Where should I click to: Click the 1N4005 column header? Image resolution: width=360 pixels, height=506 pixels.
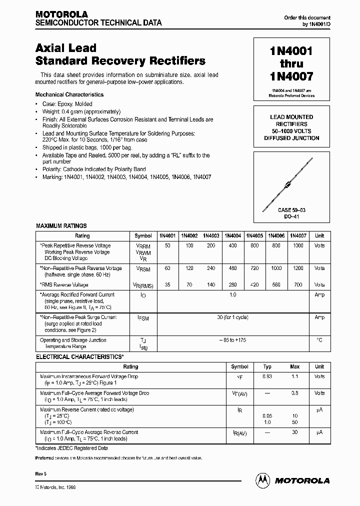(x=254, y=235)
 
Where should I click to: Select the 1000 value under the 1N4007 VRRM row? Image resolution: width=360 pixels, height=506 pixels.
(x=297, y=245)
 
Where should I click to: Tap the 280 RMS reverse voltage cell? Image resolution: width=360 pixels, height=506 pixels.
(x=232, y=284)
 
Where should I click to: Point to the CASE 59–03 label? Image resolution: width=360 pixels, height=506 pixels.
(x=291, y=210)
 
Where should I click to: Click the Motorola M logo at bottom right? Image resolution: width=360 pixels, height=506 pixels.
(x=262, y=480)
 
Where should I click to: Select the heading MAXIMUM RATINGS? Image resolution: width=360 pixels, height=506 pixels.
(x=61, y=226)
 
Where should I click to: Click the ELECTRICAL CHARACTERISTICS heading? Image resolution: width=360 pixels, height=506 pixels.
(x=79, y=357)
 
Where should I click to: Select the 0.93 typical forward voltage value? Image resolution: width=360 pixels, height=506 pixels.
(x=267, y=376)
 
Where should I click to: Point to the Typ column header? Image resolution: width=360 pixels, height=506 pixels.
(x=267, y=366)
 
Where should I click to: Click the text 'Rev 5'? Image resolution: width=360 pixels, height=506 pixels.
(x=42, y=472)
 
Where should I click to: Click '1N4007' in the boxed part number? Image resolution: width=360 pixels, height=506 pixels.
(x=291, y=77)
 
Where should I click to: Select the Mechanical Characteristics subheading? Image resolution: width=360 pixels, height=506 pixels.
(x=69, y=94)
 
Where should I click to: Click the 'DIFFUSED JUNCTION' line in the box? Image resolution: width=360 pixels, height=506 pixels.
(x=291, y=138)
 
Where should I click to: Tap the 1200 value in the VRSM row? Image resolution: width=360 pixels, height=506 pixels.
(x=297, y=268)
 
